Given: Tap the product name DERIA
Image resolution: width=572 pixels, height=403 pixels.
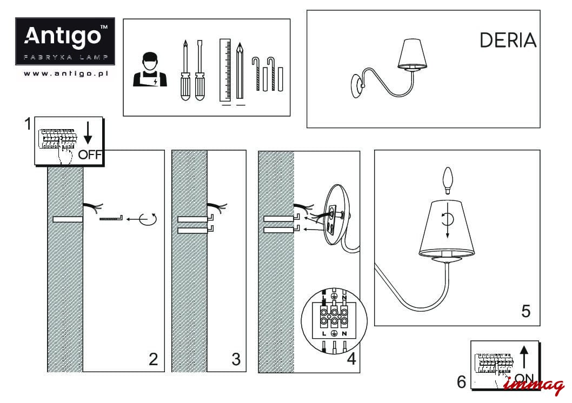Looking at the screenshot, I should click(x=508, y=41).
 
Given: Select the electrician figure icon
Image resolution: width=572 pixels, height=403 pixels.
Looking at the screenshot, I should click(x=150, y=70).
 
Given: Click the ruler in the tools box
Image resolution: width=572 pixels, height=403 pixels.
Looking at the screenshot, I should click(x=225, y=70).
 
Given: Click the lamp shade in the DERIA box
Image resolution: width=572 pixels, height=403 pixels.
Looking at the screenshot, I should click(x=412, y=53).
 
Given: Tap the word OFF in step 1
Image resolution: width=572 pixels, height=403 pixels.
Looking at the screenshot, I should click(x=90, y=155).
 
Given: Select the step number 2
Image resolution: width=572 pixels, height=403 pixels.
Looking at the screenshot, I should click(x=154, y=359).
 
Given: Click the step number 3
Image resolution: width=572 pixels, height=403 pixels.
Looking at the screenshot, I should click(x=236, y=359).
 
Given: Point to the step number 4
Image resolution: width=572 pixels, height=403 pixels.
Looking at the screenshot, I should click(x=351, y=359).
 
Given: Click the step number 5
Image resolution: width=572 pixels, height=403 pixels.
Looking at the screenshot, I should click(x=526, y=311).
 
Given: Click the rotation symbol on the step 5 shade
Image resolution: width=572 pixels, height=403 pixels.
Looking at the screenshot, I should click(x=447, y=218).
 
